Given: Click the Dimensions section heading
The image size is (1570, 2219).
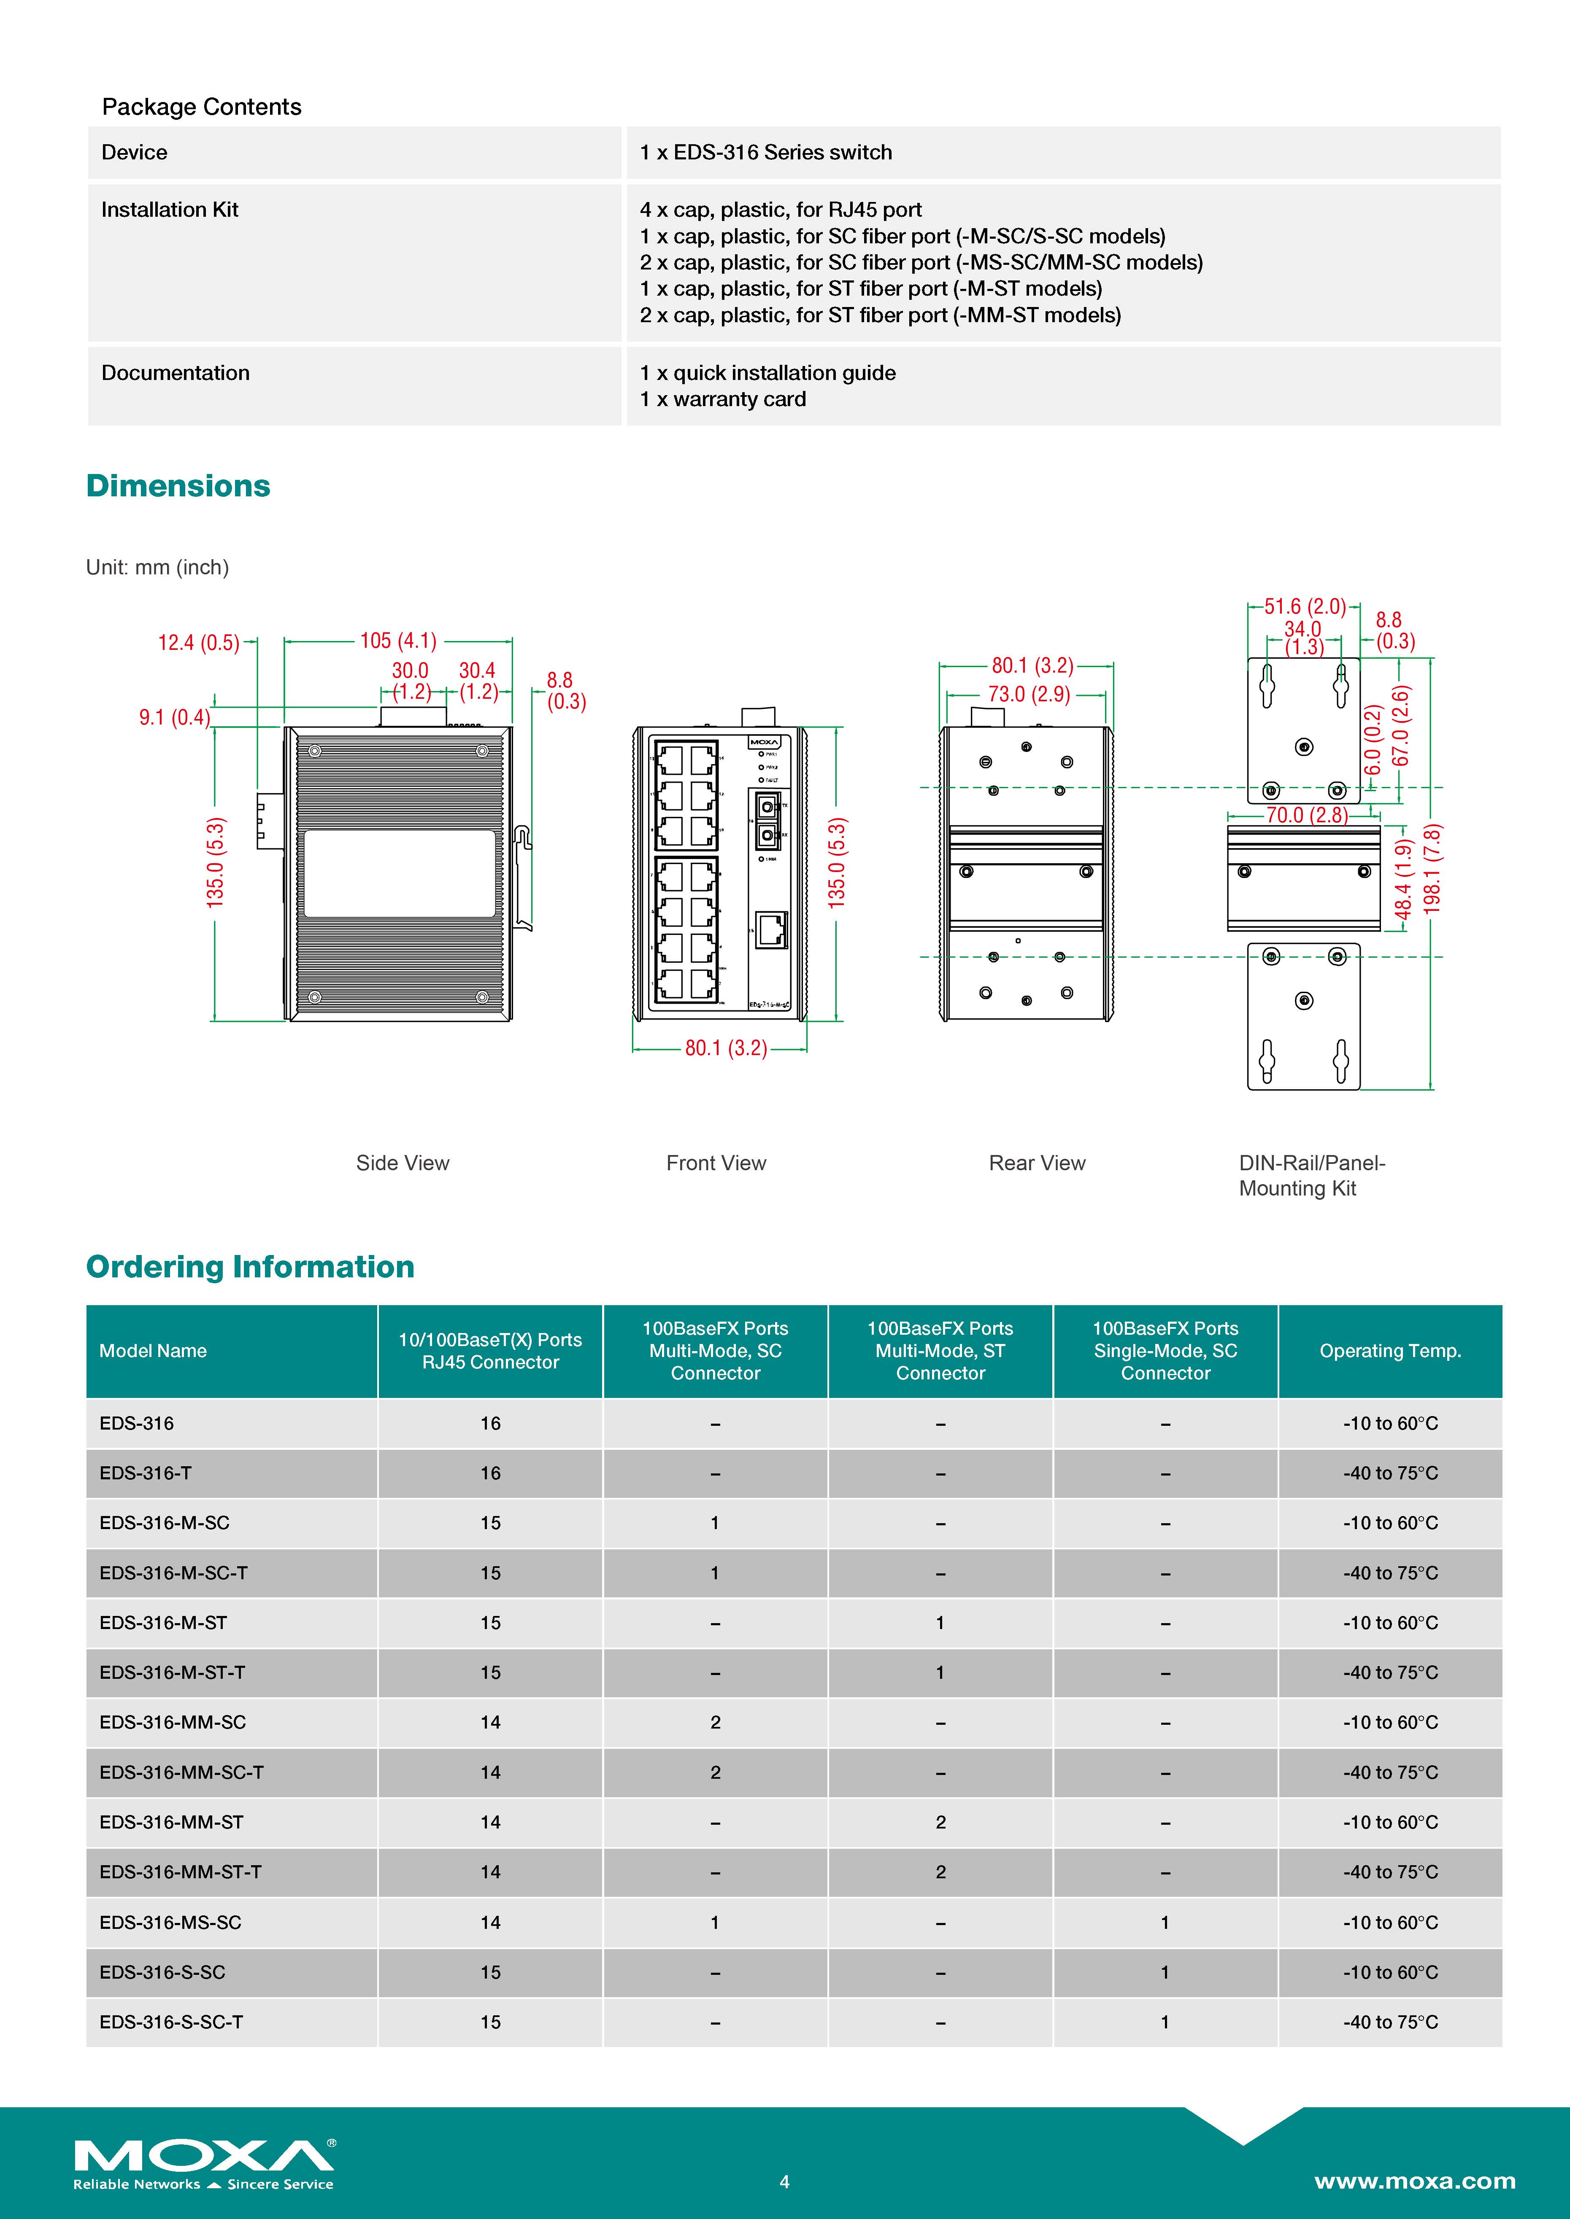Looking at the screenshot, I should [178, 486].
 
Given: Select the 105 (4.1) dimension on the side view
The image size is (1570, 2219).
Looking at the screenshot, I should [398, 641].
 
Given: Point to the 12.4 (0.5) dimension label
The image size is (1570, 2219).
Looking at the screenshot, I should [198, 643].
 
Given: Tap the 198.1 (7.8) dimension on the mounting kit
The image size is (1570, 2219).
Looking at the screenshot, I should [1433, 869].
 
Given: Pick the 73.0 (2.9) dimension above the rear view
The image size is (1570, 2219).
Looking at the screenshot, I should [1029, 694].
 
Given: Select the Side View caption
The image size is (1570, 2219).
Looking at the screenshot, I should [402, 1163].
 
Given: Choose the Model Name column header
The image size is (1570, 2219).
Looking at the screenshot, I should [153, 1351].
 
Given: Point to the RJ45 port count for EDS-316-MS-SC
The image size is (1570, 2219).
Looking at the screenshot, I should [490, 1922].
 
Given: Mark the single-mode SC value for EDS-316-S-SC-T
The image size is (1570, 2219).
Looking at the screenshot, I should [1165, 2022].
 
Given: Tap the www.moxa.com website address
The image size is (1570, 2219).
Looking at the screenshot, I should [1414, 2180].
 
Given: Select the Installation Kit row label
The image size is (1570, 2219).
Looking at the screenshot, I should [169, 210].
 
